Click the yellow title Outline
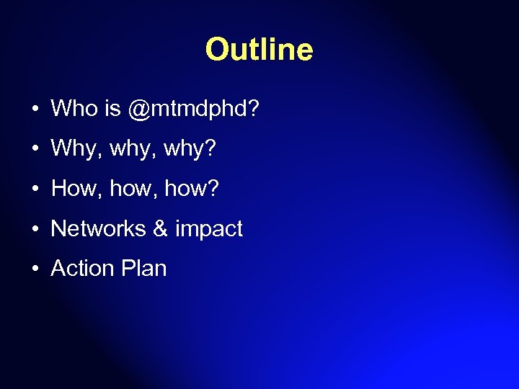(259, 50)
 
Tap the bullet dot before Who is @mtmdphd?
(35, 110)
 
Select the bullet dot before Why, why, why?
(35, 150)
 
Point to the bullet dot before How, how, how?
(35, 189)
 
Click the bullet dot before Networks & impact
(35, 230)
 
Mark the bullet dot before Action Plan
(35, 269)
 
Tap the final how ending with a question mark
(192, 189)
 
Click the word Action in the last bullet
(82, 269)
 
